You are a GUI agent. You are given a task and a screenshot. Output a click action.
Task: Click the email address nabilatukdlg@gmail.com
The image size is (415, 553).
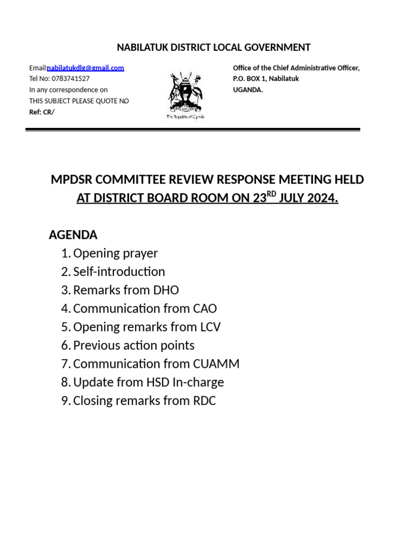click(x=85, y=68)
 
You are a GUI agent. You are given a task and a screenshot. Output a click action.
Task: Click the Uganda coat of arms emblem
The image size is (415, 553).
click(x=185, y=95)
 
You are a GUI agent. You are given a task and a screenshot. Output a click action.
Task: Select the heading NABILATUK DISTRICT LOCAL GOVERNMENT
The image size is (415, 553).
click(x=213, y=48)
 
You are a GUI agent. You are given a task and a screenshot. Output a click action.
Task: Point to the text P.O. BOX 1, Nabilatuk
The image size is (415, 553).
click(x=266, y=79)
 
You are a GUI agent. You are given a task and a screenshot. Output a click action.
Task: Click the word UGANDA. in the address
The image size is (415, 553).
click(x=248, y=90)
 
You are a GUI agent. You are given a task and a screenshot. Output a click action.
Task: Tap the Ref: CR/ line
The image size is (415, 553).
click(x=42, y=112)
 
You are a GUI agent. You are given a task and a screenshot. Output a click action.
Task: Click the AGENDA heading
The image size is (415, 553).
click(x=73, y=235)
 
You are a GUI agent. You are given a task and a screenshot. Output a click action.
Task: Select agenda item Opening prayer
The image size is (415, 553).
click(x=115, y=253)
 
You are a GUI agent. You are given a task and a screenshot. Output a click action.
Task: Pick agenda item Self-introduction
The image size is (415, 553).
click(x=119, y=272)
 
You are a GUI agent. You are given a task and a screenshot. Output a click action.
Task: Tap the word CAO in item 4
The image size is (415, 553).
click(x=204, y=308)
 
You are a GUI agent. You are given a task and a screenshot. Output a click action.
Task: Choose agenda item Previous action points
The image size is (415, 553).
click(x=133, y=345)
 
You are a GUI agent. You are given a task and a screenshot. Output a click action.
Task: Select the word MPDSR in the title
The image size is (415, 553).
click(x=73, y=180)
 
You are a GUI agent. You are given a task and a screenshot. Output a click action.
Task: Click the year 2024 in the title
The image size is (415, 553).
click(x=322, y=198)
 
